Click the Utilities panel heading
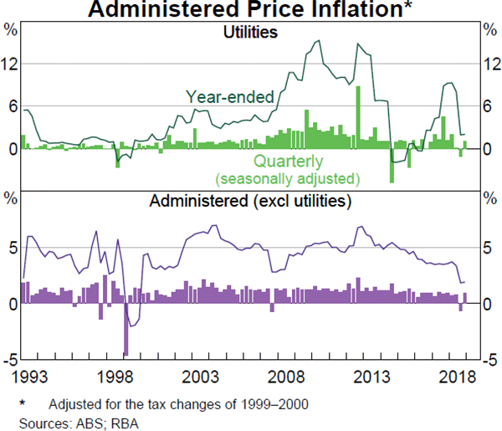[x=251, y=33]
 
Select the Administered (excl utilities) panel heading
[x=250, y=202]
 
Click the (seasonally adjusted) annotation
[x=287, y=178]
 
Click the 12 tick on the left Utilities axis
[x=12, y=64]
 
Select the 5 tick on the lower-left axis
[x=12, y=248]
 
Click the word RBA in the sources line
[x=122, y=419]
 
